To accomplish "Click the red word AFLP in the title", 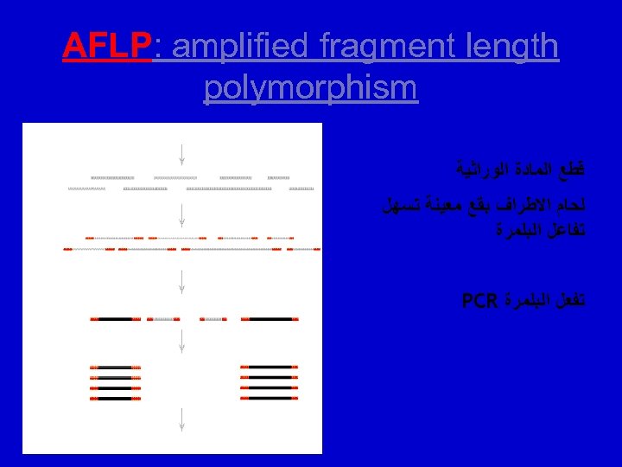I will [x=106, y=47].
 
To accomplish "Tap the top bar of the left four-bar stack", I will [x=116, y=368].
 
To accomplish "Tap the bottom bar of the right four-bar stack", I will [x=269, y=399].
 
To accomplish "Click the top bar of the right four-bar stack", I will [x=269, y=368].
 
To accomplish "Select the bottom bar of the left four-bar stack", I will [x=116, y=399].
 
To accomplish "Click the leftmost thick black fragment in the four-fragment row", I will [x=116, y=319].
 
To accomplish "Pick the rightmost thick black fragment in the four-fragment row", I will [x=269, y=319].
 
